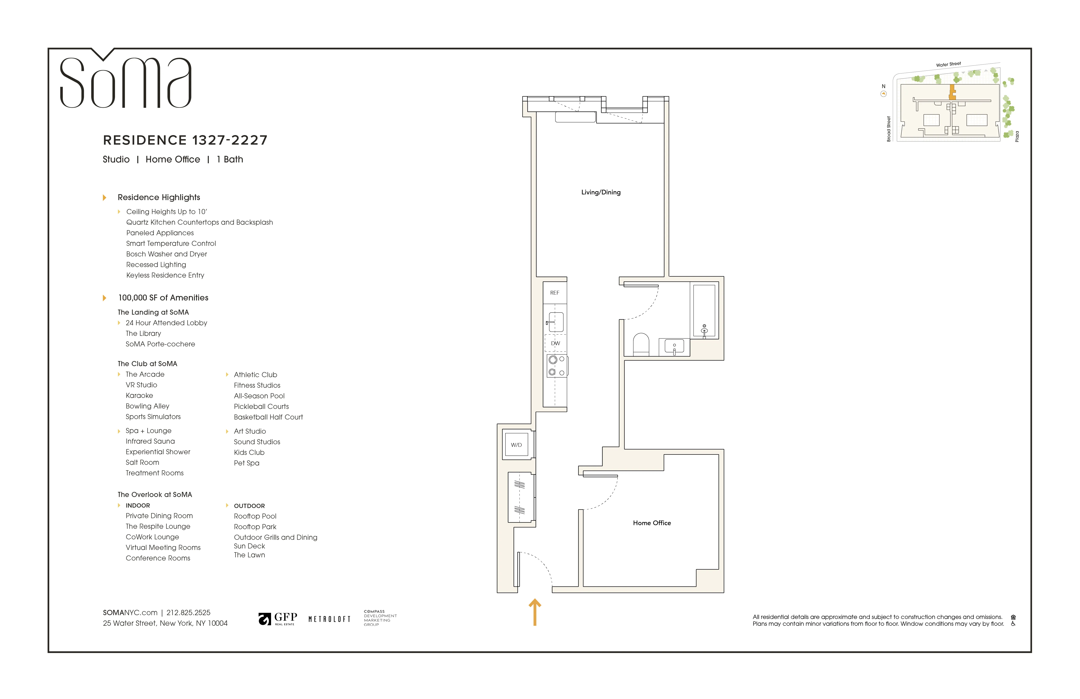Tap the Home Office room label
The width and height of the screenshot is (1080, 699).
(x=652, y=523)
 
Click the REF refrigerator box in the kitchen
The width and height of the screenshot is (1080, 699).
(x=555, y=293)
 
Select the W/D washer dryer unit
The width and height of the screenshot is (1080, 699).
(x=516, y=445)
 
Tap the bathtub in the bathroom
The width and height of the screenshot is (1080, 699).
(x=704, y=311)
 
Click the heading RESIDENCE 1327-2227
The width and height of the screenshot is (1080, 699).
(x=185, y=140)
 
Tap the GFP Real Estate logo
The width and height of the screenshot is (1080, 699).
(x=278, y=619)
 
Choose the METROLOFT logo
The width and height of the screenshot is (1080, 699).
(x=330, y=619)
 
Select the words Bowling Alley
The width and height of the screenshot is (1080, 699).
(x=147, y=406)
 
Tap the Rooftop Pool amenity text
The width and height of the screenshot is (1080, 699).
(x=255, y=516)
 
